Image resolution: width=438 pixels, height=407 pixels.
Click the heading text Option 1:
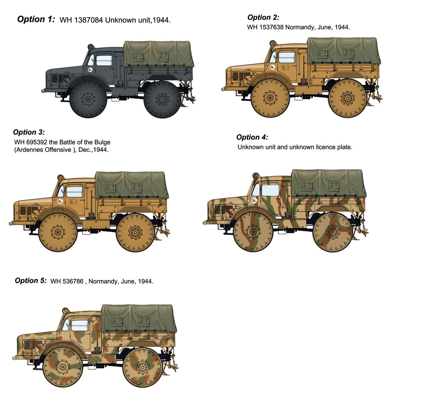(36, 19)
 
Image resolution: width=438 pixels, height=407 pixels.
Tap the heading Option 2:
(263, 17)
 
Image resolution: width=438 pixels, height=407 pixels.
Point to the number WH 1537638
(265, 27)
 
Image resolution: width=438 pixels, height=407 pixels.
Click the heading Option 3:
(29, 132)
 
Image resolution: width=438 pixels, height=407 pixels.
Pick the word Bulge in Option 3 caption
(102, 142)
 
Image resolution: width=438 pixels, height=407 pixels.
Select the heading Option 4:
(252, 137)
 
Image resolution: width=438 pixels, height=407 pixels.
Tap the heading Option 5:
(31, 280)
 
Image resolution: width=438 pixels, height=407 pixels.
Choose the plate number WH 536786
(67, 281)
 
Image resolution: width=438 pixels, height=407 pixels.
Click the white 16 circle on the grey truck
(90, 70)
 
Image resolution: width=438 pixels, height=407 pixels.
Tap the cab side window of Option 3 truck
(74, 192)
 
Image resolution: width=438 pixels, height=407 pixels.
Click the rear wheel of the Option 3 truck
(135, 232)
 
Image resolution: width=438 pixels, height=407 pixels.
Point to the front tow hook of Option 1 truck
(43, 91)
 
